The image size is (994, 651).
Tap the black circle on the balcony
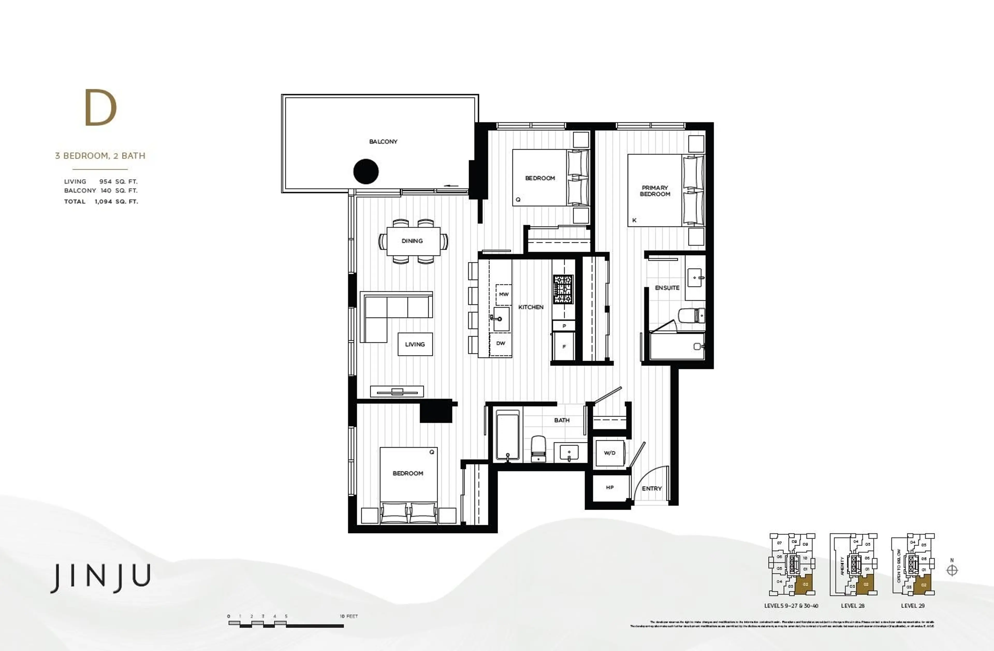366,171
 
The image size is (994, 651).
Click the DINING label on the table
412,241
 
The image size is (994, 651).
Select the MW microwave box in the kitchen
504,294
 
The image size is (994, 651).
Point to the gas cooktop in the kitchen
563,289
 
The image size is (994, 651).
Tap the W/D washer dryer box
609,453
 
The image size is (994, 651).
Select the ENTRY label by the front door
652,488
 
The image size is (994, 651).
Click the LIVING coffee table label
415,344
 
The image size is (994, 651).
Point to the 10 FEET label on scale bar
349,616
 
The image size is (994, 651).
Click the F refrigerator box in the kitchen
564,346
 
